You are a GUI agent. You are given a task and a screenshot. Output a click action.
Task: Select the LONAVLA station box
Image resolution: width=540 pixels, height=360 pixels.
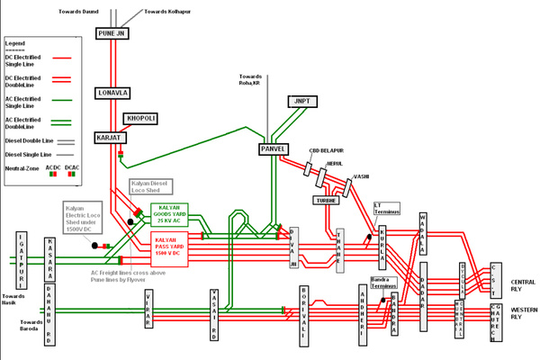tap(113, 93)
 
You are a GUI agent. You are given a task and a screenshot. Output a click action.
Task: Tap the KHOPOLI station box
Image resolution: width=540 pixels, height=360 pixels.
tap(141, 118)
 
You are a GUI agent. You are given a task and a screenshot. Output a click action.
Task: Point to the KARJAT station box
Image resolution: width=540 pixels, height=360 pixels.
tap(113, 138)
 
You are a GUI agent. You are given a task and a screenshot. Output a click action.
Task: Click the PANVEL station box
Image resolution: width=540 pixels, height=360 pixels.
tap(273, 148)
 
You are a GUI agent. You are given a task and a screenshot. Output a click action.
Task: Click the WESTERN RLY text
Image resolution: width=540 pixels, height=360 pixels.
tap(522, 313)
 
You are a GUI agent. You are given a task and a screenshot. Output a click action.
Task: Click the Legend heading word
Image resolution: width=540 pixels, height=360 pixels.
tap(16, 42)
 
